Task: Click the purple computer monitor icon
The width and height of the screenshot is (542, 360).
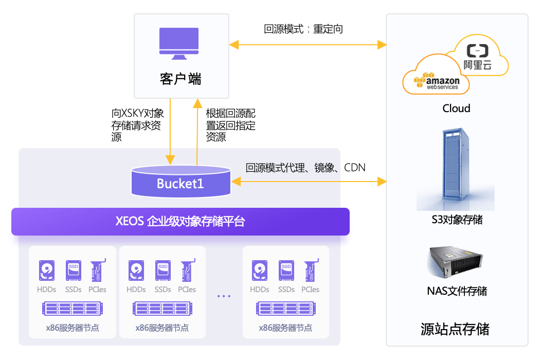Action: coord(178,44)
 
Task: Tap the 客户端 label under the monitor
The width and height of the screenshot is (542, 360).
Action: coord(180,79)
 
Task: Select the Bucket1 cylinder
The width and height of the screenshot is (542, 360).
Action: coord(180,182)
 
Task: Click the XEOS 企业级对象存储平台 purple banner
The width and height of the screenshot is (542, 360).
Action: coord(180,222)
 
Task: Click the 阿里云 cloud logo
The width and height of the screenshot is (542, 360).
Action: coord(477,57)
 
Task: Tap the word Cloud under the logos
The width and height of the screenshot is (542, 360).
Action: coord(456,109)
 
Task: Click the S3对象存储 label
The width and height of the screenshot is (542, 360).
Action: coord(457,220)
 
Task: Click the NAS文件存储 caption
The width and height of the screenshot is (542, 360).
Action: coord(457,291)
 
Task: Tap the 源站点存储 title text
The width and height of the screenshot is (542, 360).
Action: coord(455,328)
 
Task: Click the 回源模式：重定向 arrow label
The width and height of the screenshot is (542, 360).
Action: coord(303,29)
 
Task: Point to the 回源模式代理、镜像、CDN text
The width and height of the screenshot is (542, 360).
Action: coord(305,168)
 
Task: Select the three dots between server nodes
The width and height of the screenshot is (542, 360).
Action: coord(224,296)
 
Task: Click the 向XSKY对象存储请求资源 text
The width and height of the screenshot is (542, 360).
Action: coord(138,125)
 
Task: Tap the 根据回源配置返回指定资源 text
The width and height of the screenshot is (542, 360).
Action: coord(230,125)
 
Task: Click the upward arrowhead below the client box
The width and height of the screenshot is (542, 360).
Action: coord(197,103)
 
